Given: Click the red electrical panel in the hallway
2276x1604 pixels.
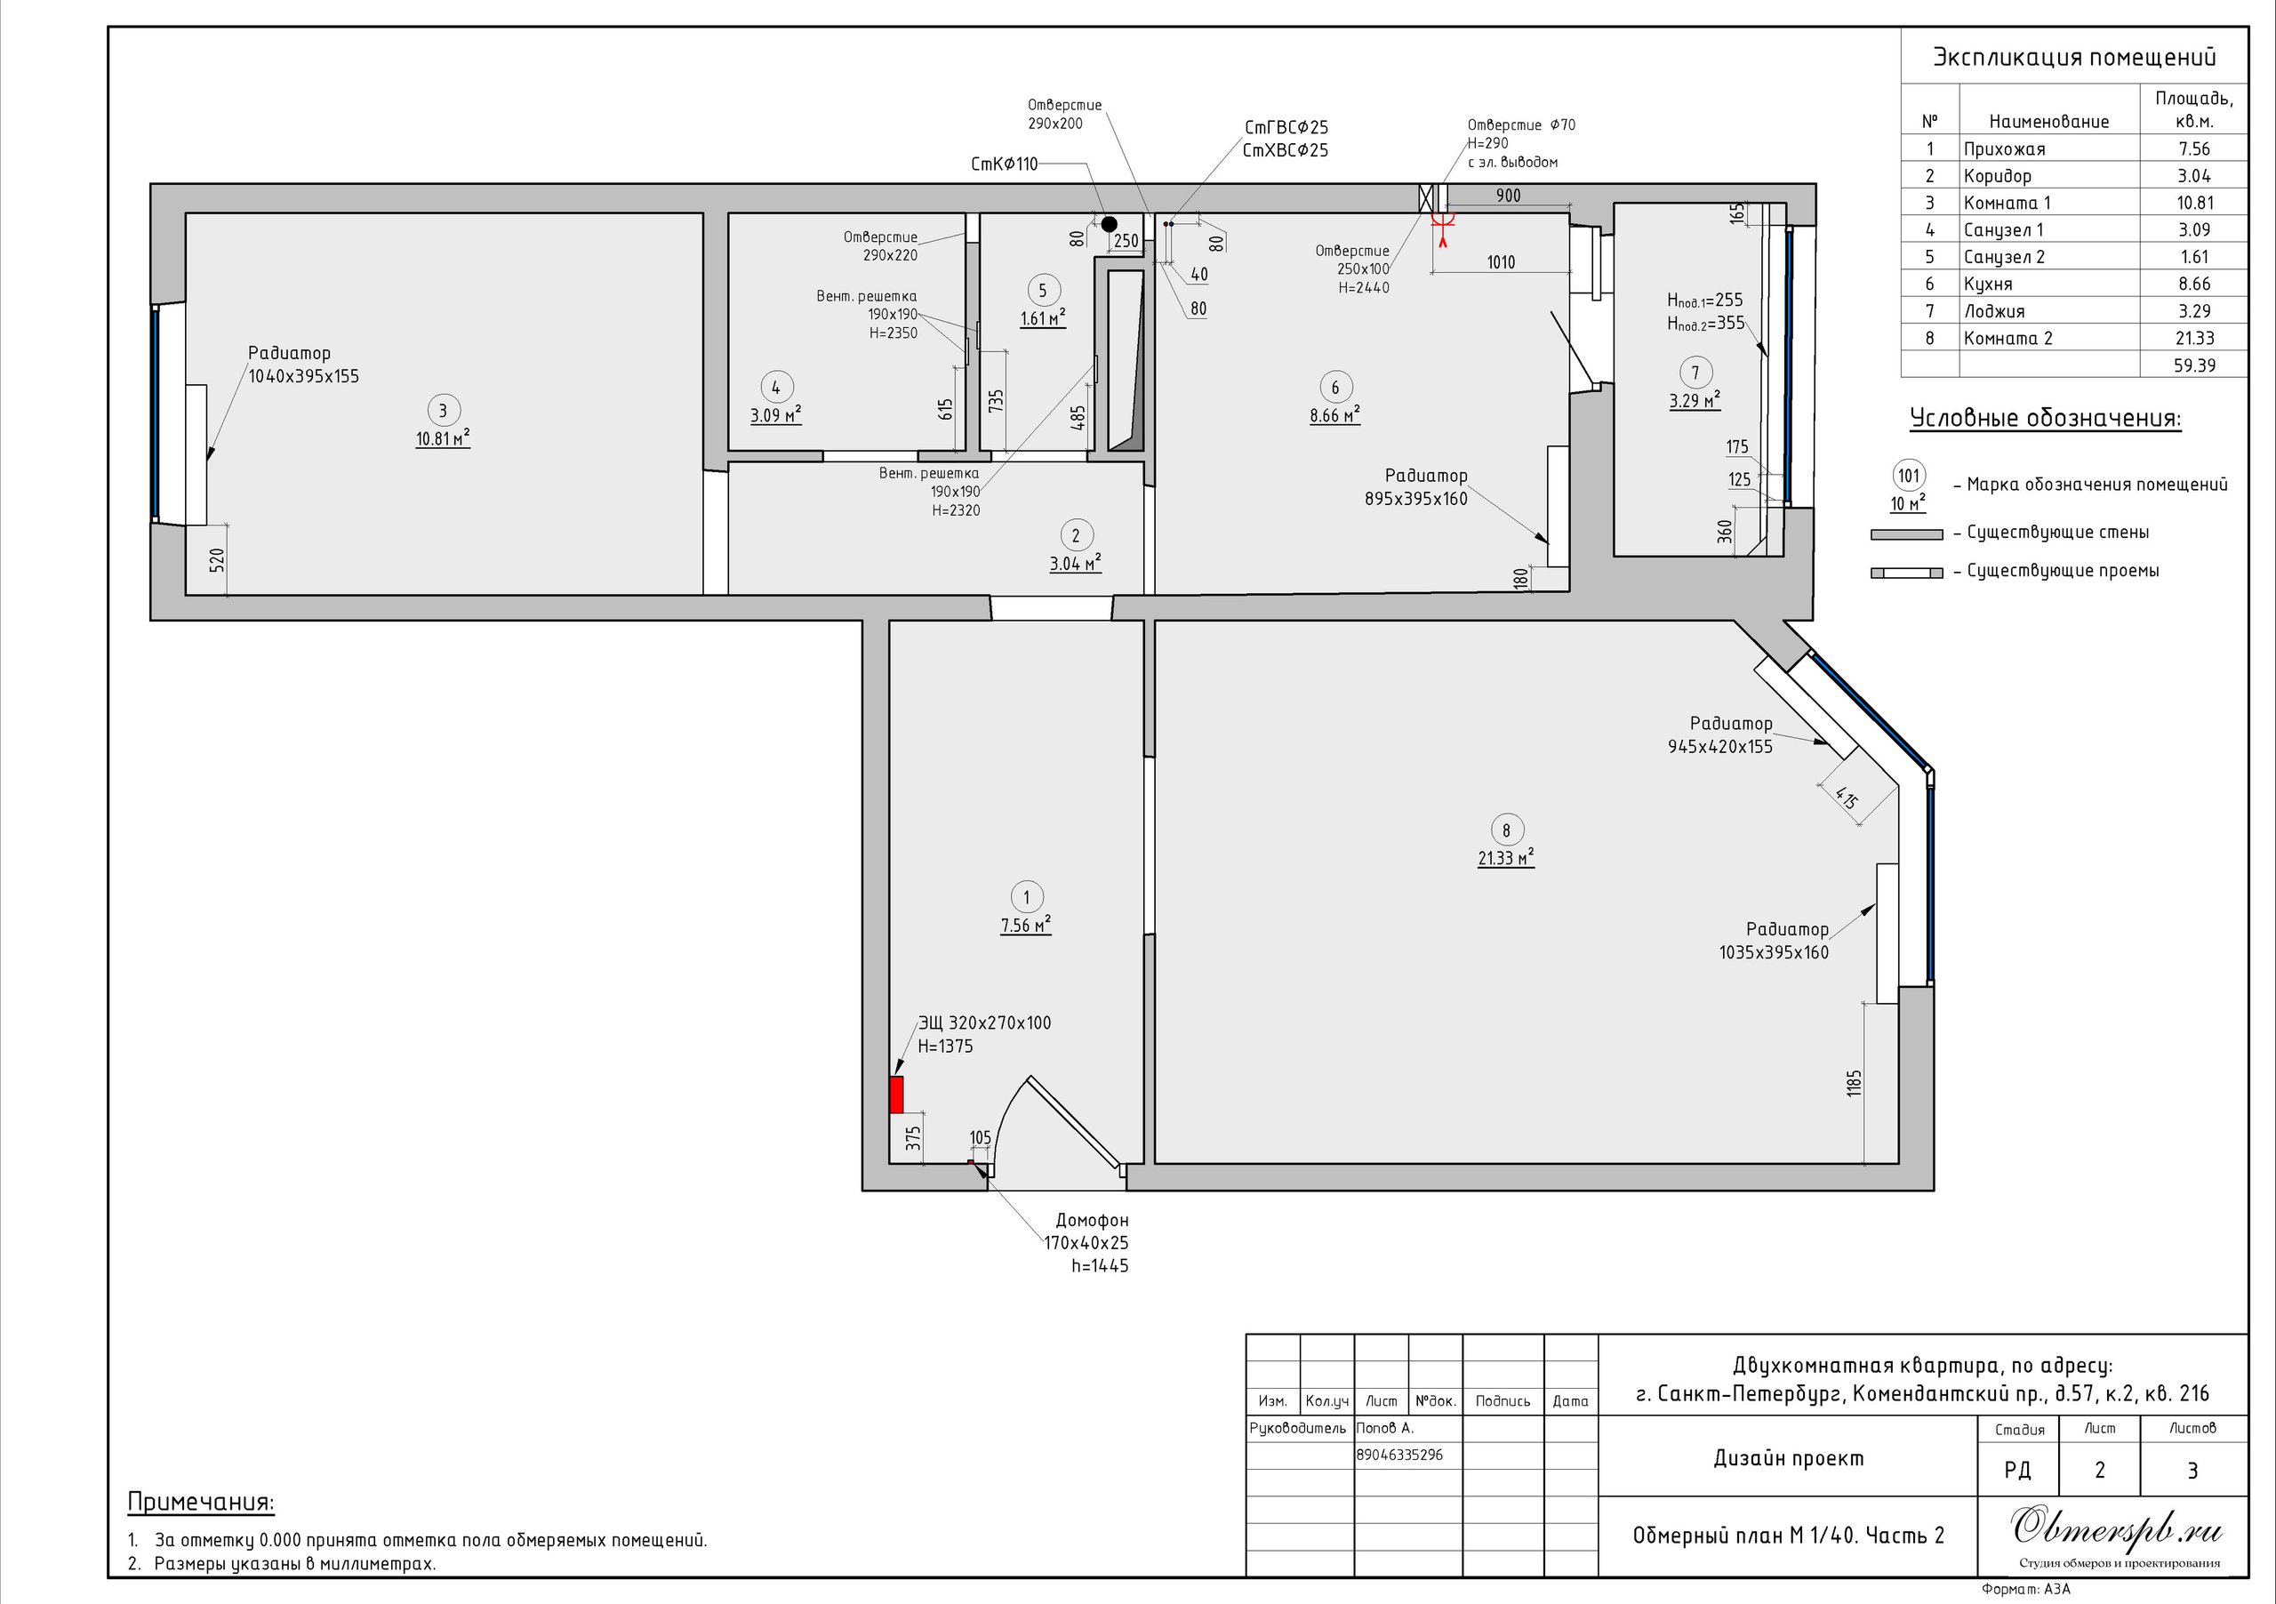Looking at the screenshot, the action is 896,1095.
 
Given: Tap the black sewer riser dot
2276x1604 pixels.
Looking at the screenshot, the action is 1110,225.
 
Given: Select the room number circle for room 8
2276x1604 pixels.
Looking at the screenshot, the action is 1506,830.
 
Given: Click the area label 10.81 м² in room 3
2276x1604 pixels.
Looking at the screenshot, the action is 442,438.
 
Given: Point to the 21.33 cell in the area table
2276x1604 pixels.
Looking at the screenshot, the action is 2195,338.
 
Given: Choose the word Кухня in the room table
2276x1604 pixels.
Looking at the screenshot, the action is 1988,284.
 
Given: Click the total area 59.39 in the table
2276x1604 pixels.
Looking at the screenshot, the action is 2195,365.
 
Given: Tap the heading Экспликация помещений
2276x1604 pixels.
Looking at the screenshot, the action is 2075,58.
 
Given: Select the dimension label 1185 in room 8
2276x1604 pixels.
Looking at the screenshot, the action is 1855,1083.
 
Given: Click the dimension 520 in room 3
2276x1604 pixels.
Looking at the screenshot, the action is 217,560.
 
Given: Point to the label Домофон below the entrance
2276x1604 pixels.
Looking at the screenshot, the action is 1092,1221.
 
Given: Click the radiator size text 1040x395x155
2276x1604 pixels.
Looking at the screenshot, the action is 303,377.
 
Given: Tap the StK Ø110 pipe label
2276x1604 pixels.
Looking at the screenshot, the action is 1004,164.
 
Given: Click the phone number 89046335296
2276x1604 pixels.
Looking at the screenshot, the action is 1399,1456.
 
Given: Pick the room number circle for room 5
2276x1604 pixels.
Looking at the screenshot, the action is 1043,291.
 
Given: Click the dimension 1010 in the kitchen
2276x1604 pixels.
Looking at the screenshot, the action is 1501,261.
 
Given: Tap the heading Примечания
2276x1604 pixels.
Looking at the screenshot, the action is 201,1502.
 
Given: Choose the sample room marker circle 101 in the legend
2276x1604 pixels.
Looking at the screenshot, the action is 1908,475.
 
